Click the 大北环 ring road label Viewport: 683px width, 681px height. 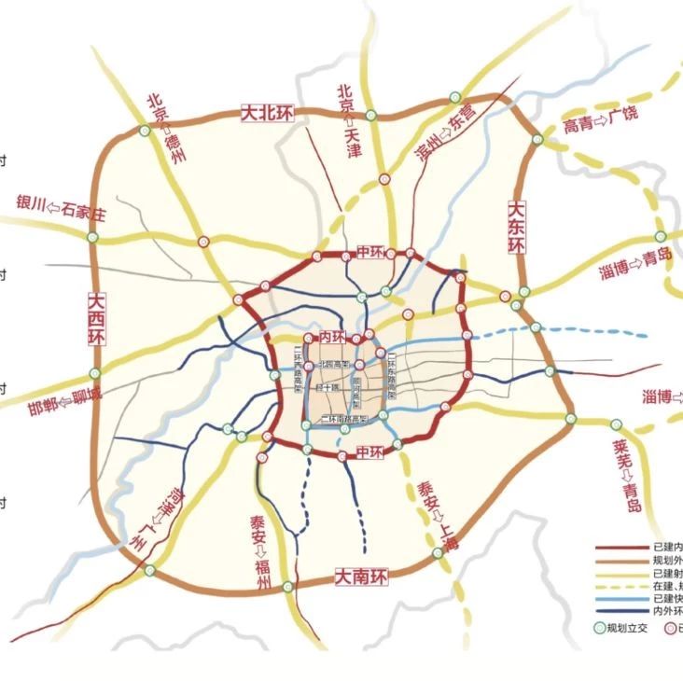point(267,113)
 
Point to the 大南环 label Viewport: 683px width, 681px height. point(361,578)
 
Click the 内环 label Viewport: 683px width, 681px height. point(331,335)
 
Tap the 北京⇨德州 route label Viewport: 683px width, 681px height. point(165,128)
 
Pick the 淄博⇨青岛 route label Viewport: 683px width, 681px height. point(635,266)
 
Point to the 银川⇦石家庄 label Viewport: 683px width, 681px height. point(62,208)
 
